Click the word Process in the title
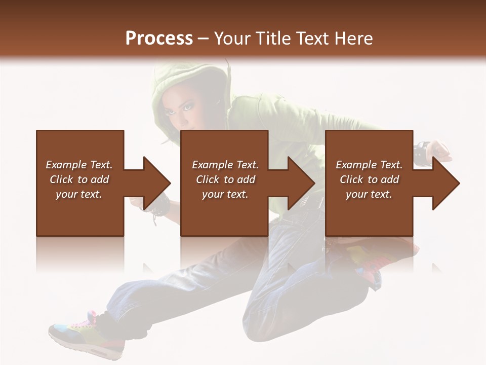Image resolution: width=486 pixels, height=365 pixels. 159,39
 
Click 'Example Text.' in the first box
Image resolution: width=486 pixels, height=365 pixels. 79,165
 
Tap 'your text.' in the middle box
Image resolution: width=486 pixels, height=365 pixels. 225,194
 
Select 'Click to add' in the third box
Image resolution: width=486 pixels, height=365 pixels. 369,179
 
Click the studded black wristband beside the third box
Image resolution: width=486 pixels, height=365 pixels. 421,152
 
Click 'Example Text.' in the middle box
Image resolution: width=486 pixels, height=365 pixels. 225,165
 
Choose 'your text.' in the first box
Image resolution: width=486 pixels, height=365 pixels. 79,194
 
